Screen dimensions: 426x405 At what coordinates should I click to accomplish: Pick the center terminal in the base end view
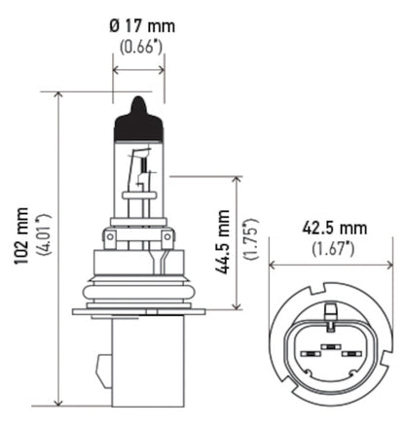click(x=331, y=344)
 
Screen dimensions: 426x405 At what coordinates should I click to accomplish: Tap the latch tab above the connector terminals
click(x=331, y=314)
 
